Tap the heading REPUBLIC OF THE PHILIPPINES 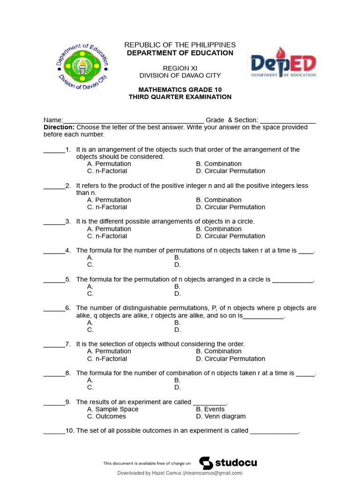[180, 45]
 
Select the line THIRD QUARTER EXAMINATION [180, 97]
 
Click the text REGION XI [180, 68]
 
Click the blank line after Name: [133, 120]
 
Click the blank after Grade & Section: [288, 120]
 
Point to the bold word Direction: [59, 127]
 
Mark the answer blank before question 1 [54, 150]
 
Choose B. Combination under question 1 [219, 164]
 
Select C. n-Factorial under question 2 [107, 207]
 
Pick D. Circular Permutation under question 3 [231, 236]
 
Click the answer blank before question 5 [54, 280]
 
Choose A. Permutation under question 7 [109, 352]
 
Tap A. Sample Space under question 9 [113, 409]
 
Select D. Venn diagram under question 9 [221, 416]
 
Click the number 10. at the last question [70, 431]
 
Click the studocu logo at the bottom [228, 463]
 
